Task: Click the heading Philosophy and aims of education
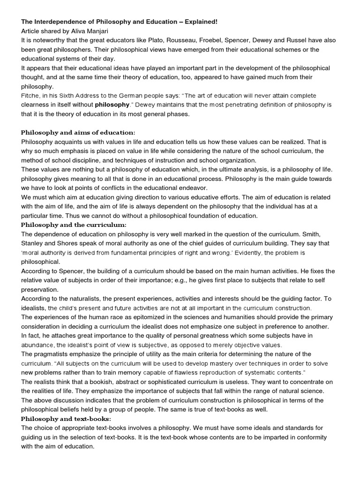78,132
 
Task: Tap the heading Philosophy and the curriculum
74,225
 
